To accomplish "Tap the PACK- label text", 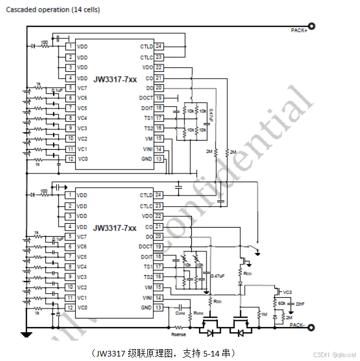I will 298,325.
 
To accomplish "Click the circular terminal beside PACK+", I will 311,25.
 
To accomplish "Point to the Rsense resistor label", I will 179,334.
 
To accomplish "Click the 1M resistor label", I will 264,314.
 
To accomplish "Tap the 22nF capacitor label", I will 300,304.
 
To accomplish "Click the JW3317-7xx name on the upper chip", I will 115,79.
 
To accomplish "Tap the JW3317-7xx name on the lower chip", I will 115,228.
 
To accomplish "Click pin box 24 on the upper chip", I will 159,46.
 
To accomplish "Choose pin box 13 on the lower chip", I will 159,308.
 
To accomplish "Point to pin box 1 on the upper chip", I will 70,46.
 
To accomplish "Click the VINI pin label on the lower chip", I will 147,298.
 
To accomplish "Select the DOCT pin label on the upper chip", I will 146,98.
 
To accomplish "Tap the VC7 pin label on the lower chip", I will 82,236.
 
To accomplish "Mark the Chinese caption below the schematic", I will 164,353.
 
